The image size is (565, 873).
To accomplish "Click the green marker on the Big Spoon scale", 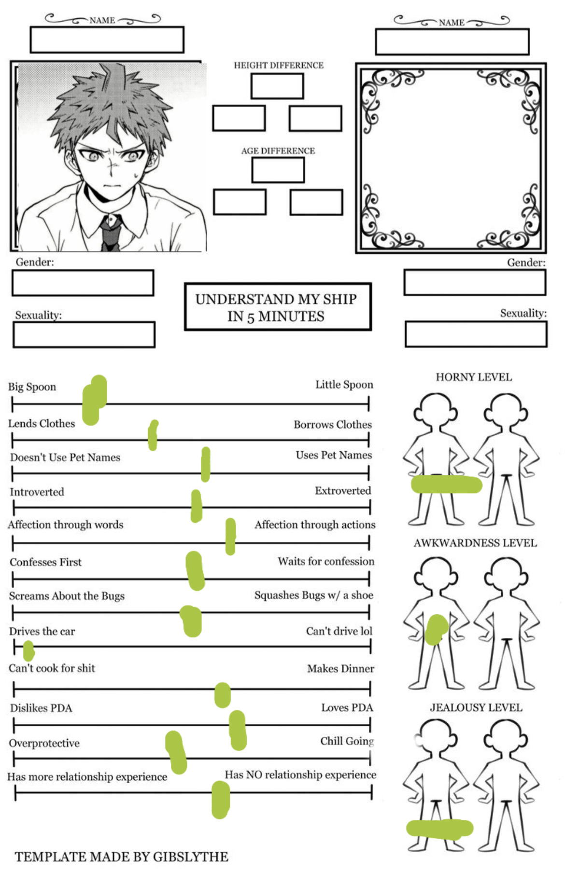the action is [94, 400].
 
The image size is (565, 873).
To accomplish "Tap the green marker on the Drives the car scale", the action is [28, 651].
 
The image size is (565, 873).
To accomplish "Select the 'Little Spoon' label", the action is [344, 385].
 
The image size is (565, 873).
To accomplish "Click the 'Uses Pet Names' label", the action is [334, 455].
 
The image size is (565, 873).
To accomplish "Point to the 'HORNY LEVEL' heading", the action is [474, 377].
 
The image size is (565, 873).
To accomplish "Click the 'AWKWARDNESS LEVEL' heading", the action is [475, 543].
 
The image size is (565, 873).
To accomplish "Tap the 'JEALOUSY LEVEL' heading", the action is [476, 707].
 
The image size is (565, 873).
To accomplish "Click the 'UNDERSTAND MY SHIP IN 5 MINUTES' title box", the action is [278, 307].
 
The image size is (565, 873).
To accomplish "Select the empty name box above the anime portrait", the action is [107, 40].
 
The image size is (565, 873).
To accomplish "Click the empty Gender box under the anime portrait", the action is [83, 283].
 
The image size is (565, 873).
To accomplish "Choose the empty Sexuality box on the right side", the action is [476, 334].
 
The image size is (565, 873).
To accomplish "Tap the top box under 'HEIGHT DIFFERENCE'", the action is [277, 86].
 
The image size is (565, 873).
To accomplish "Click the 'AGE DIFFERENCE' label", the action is [278, 151].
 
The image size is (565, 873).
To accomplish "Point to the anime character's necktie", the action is [111, 234].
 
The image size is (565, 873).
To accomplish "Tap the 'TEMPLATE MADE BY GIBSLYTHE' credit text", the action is [121, 857].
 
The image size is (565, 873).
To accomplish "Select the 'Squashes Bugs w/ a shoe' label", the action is [314, 595].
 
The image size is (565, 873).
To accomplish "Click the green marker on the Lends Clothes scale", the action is [153, 435].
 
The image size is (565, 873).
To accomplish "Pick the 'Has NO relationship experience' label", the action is [300, 775].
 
